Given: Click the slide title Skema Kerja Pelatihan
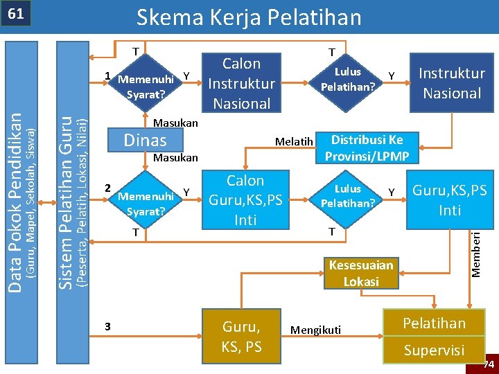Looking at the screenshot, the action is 249,17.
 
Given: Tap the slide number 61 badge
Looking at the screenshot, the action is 17,15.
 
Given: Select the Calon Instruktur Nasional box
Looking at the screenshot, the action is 241,83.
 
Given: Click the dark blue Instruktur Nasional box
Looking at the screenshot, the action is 451,83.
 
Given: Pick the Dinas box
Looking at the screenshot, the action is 145,140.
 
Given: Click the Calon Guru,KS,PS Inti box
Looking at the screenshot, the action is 245,200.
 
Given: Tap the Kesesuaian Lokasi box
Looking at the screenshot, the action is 361,273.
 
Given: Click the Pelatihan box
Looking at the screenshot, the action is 434,323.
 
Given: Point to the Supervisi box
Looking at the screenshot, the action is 434,350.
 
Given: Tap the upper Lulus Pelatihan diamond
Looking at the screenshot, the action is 347,80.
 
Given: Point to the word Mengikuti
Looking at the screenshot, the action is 316,330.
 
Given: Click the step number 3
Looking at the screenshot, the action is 107,326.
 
